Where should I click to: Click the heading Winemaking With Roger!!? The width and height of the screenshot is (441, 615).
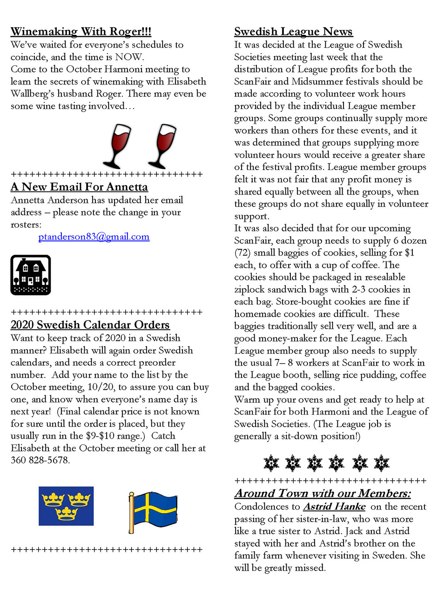click(x=81, y=32)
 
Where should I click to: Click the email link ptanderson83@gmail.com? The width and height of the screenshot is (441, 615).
click(x=94, y=237)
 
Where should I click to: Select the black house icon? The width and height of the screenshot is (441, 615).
click(x=31, y=275)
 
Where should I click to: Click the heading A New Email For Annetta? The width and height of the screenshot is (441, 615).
click(x=79, y=187)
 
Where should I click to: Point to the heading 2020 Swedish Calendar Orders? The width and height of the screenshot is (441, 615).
click(x=90, y=325)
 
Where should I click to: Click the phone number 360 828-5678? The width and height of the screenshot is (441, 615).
click(x=40, y=460)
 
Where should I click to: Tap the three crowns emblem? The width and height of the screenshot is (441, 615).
click(x=66, y=506)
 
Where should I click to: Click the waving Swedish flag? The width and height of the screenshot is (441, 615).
click(x=153, y=511)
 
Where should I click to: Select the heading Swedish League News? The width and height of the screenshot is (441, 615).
click(x=293, y=32)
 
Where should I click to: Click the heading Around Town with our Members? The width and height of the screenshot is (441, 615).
click(x=322, y=493)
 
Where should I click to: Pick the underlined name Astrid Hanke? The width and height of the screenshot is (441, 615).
click(x=334, y=507)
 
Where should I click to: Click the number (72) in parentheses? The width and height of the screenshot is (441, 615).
click(x=242, y=253)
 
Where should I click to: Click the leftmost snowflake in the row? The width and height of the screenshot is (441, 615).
click(x=272, y=463)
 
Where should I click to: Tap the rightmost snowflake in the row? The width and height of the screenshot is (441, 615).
click(x=381, y=463)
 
